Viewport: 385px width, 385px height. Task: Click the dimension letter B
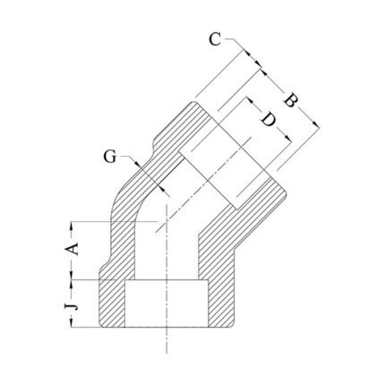(x=291, y=100)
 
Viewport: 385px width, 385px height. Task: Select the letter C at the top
(x=215, y=39)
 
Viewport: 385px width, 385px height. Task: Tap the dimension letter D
(x=269, y=119)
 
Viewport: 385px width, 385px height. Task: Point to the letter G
(x=110, y=157)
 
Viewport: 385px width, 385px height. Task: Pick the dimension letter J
(x=73, y=305)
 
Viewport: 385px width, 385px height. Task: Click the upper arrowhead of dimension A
(x=72, y=227)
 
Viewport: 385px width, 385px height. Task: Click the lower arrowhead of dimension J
(x=72, y=322)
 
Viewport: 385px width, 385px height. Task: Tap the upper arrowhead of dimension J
(x=72, y=284)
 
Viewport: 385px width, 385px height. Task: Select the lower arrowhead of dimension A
(x=72, y=275)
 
